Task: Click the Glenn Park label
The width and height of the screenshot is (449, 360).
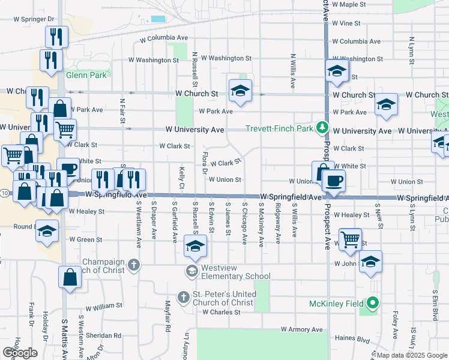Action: coord(86,75)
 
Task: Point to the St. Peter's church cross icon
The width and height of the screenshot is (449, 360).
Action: coord(185,296)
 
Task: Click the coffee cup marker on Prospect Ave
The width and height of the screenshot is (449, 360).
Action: coord(334,180)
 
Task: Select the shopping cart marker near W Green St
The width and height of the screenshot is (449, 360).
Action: coord(350,238)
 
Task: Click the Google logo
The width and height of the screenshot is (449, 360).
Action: coord(20,353)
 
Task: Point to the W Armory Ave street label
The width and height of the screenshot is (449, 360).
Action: coord(302,330)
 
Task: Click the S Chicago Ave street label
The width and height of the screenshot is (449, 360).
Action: coord(244,223)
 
